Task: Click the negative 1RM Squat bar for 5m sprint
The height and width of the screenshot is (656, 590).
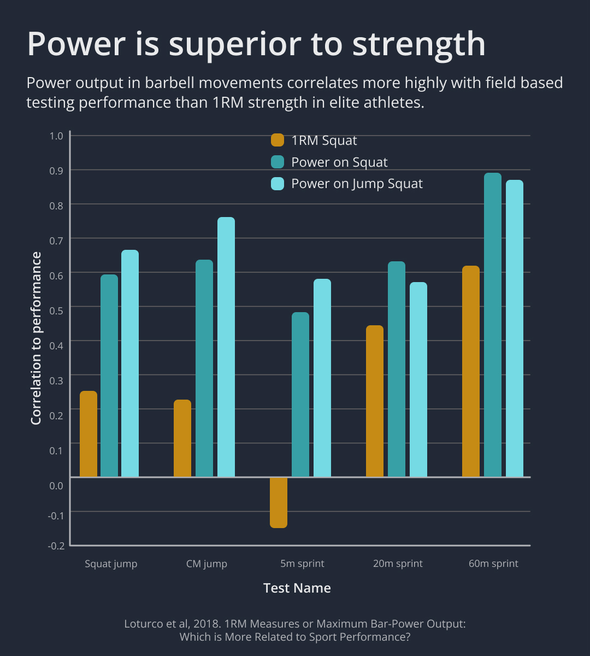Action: pyautogui.click(x=278, y=502)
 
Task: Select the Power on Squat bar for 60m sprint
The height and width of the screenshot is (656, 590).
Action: pyautogui.click(x=493, y=325)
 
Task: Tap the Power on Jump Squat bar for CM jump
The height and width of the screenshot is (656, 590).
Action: pyautogui.click(x=226, y=347)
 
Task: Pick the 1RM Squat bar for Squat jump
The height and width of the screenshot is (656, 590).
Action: pyautogui.click(x=88, y=434)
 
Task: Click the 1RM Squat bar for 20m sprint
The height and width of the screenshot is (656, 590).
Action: pyautogui.click(x=375, y=401)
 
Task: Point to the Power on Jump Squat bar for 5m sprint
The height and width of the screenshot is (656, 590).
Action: pyautogui.click(x=322, y=378)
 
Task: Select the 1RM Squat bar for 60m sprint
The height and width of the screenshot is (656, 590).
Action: pyautogui.click(x=471, y=372)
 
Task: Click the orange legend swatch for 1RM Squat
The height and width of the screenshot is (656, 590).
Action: pyautogui.click(x=278, y=140)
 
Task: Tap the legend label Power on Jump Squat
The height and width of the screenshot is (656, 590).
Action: pyautogui.click(x=357, y=184)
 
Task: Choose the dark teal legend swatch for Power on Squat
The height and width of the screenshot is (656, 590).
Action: pyautogui.click(x=278, y=162)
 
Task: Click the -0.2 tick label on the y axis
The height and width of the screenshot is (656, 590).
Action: pyautogui.click(x=57, y=546)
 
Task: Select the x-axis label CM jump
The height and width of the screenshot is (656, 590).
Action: pyautogui.click(x=206, y=564)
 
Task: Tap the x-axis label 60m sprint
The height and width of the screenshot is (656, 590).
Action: pyautogui.click(x=493, y=564)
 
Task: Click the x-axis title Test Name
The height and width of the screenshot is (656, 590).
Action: pyautogui.click(x=297, y=588)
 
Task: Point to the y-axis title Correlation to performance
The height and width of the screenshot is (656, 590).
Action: pyautogui.click(x=36, y=338)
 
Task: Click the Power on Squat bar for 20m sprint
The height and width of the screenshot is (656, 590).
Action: pyautogui.click(x=397, y=370)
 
